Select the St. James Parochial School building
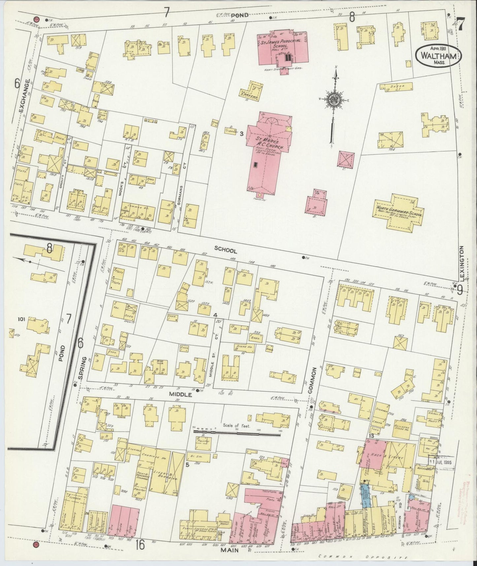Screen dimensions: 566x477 click(283, 46)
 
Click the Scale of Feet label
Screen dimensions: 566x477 click(237, 426)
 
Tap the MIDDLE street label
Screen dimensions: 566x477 click(180, 394)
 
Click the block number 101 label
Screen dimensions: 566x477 click(22, 319)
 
